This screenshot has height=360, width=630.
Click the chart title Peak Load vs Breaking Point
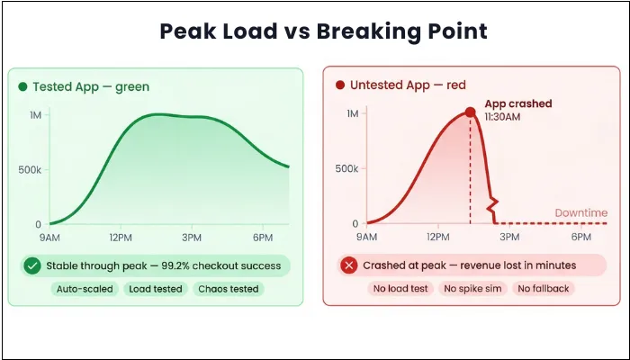coord(323,32)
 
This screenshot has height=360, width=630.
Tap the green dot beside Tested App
coord(22,87)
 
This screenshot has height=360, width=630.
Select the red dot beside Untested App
coord(339,85)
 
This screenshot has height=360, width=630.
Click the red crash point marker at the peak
coord(470,112)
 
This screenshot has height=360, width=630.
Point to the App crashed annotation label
coord(517,103)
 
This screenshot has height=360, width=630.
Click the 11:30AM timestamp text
coord(503,117)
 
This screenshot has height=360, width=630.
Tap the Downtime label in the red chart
coord(580,213)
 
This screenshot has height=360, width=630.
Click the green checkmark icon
coord(31,265)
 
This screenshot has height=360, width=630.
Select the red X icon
coord(347,265)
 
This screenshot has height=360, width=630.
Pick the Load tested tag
coord(153,289)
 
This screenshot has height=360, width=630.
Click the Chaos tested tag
coord(228,289)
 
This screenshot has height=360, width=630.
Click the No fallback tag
coord(544,289)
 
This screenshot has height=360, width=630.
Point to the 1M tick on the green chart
coord(35,114)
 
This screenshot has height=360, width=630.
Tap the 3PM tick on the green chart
coord(192,238)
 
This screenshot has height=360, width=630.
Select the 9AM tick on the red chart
coord(366,237)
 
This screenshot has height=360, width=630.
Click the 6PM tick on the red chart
coord(581,237)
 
